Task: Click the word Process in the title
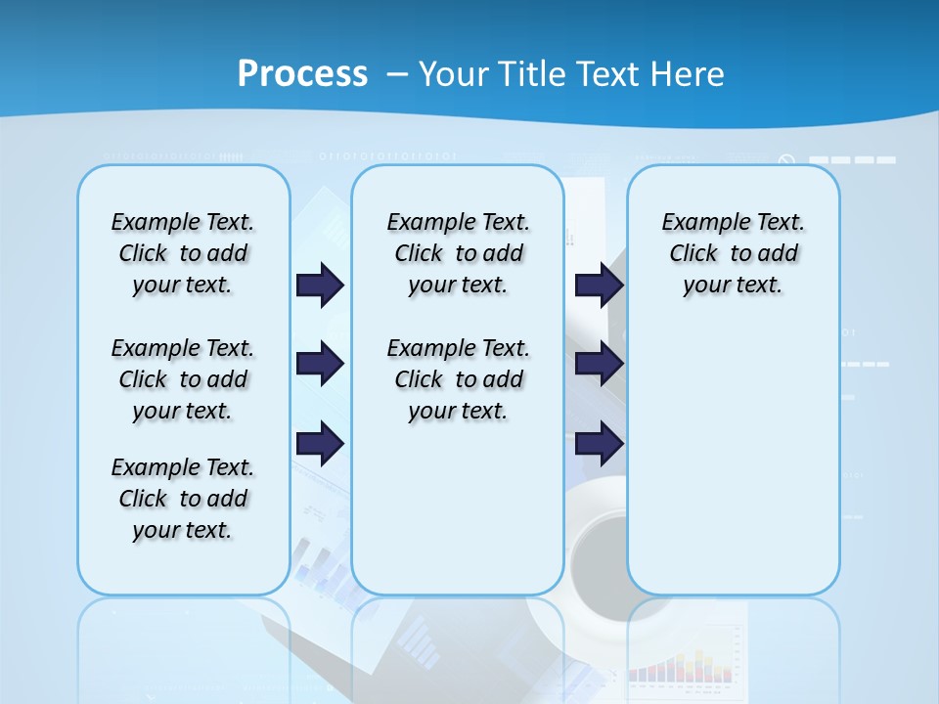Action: pyautogui.click(x=302, y=74)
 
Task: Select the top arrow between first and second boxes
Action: pyautogui.click(x=320, y=286)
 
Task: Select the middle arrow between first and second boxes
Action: pyautogui.click(x=320, y=364)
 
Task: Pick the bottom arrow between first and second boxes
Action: pyautogui.click(x=320, y=445)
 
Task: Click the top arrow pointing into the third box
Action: pyautogui.click(x=599, y=286)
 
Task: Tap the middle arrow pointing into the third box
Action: pyautogui.click(x=599, y=364)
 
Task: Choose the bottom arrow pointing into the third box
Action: pyautogui.click(x=599, y=445)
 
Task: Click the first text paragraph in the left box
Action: pyautogui.click(x=183, y=253)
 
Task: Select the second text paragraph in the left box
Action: pyautogui.click(x=183, y=379)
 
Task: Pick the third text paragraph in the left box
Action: pyautogui.click(x=183, y=499)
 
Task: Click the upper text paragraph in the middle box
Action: pyautogui.click(x=459, y=253)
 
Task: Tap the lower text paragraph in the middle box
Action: pyautogui.click(x=459, y=379)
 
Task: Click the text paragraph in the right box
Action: pyautogui.click(x=734, y=253)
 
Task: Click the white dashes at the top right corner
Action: pyautogui.click(x=852, y=159)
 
